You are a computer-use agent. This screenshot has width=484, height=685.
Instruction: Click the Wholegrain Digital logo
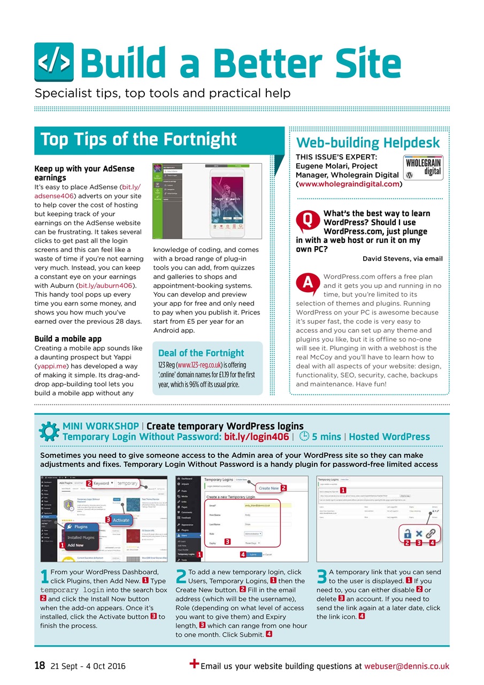(423, 167)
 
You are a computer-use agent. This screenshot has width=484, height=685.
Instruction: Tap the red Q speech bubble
(308, 220)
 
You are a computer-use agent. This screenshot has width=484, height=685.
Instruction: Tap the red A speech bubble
(308, 284)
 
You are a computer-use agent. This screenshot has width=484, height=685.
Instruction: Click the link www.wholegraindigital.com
(348, 184)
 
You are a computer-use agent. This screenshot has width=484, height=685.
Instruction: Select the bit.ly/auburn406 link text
(106, 286)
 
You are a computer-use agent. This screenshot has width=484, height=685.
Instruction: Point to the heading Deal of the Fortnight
(201, 353)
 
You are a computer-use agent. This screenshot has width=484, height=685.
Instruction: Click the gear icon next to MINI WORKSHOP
(49, 431)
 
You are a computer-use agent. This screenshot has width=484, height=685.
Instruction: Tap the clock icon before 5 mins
(304, 437)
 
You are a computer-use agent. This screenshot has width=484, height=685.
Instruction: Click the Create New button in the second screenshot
(268, 488)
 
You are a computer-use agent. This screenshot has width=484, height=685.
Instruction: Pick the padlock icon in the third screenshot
(407, 534)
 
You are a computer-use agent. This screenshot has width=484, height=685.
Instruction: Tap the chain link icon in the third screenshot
(431, 534)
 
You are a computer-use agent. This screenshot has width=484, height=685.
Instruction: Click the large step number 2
(181, 577)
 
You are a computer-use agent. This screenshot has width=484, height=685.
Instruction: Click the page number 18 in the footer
(39, 666)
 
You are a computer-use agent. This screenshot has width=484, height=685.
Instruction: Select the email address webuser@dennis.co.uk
(406, 666)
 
